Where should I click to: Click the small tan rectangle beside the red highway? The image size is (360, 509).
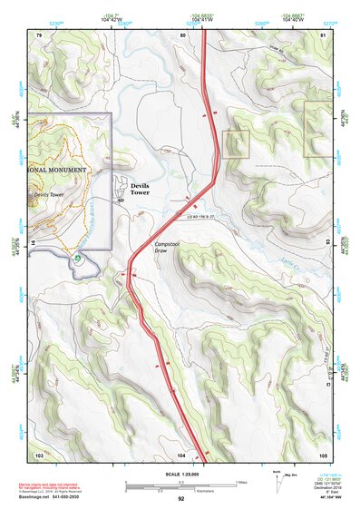236,143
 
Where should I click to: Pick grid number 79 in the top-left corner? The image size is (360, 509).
39,34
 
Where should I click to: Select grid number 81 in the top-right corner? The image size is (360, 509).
325,34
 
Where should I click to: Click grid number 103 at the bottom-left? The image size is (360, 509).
39,454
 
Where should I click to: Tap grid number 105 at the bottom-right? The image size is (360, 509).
325,454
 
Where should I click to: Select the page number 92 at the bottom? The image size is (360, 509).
180,499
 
